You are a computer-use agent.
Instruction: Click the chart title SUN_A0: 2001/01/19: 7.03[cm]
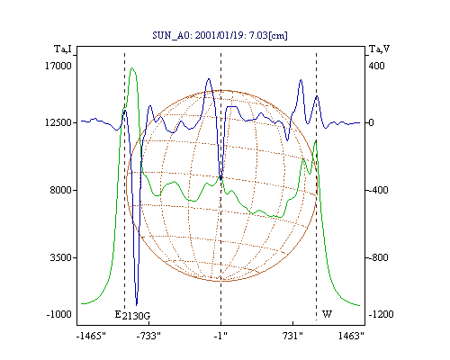tap(220, 35)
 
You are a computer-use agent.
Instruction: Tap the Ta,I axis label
tap(63, 49)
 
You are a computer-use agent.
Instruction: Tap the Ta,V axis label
tap(379, 49)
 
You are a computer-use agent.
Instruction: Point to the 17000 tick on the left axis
tap(58, 66)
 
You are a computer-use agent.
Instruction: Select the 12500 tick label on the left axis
tap(58, 122)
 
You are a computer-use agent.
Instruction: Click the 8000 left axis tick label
tap(61, 190)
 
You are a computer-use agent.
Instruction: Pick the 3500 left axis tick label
tap(61, 257)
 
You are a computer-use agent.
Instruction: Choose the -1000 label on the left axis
tap(59, 315)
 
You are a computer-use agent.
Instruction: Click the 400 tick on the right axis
tap(376, 66)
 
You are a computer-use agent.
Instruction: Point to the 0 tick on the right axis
tap(371, 122)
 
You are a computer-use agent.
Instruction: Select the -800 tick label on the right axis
tap(378, 257)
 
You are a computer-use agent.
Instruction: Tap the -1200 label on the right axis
tap(381, 315)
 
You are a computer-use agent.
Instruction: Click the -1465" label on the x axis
tap(91, 336)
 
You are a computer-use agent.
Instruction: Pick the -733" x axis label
tap(148, 336)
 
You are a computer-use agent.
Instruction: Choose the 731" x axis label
tap(292, 336)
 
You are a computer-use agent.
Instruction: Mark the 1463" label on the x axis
tap(351, 336)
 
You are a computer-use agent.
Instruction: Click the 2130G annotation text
tap(136, 316)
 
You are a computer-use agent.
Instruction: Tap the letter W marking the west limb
tap(327, 314)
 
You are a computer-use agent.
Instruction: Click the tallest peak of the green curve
tap(132, 68)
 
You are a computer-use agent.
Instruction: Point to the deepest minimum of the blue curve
tap(137, 305)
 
